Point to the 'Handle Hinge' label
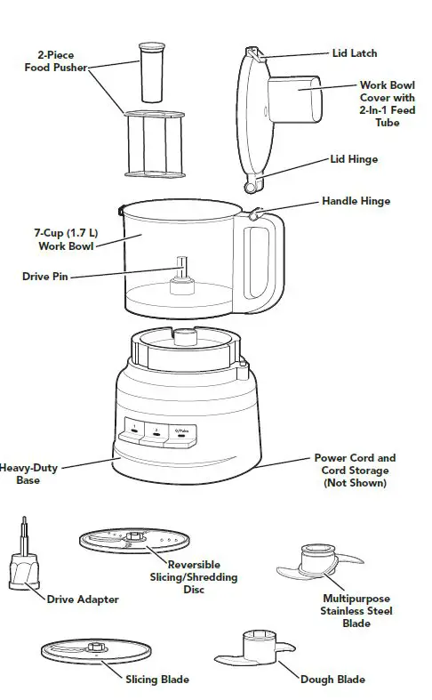click(x=356, y=202)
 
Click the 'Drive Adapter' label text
click(x=83, y=599)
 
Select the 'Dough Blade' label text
click(x=332, y=679)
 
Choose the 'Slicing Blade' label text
click(x=156, y=680)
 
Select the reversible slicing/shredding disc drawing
click(x=135, y=542)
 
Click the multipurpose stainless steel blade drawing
click(x=319, y=568)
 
